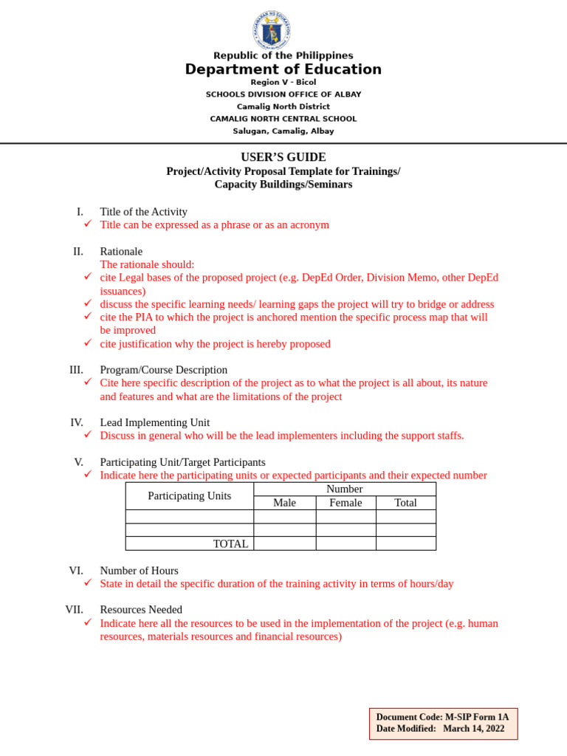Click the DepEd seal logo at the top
271,31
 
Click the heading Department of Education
283,69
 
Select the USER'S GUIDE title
283,157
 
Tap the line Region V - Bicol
283,82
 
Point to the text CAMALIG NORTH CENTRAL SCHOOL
283,119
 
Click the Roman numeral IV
77,422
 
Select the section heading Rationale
121,251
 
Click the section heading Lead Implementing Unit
154,422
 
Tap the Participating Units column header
189,495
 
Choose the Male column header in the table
284,503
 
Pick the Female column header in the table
346,503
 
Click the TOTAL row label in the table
230,543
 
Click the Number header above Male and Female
344,489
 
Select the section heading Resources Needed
141,609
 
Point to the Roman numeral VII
74,609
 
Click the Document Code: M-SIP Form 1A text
442,717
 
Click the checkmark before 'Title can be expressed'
87,224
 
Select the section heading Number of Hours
139,570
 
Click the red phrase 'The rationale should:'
147,264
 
